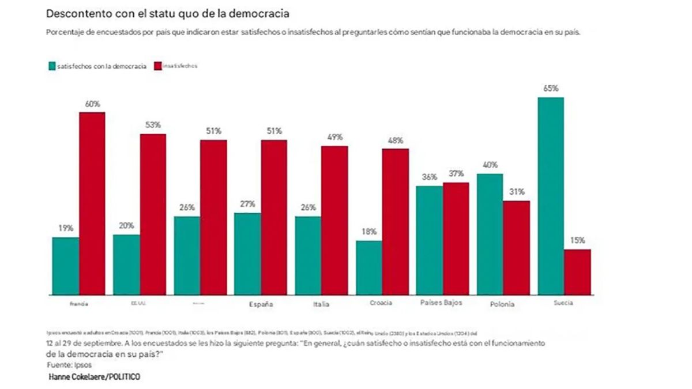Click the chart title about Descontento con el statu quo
point(168,13)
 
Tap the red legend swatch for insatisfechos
point(158,66)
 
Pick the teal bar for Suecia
point(550,196)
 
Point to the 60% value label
point(92,104)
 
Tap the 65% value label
point(550,89)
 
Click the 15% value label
point(577,240)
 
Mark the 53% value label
point(153,125)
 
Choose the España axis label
point(260,304)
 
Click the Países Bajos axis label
point(442,302)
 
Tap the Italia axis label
point(321,304)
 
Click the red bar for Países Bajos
point(456,239)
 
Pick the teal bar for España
point(247,254)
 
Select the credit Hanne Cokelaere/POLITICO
point(94,376)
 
